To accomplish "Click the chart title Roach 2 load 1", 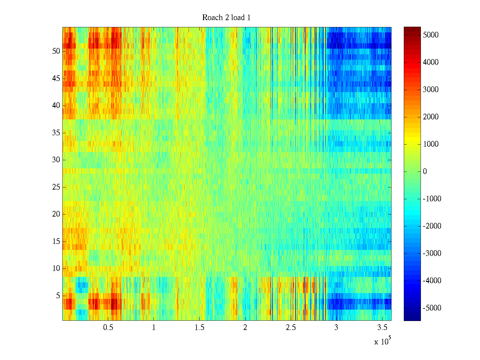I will tap(226, 18).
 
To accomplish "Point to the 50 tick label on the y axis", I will tap(56, 51).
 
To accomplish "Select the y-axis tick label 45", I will tap(56, 79).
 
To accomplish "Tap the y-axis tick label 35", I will tap(56, 133).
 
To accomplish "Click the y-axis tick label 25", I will tap(56, 187).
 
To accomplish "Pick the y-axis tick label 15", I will tap(56, 241).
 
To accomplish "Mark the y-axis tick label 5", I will tap(58, 296).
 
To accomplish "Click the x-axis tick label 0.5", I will tap(108, 328).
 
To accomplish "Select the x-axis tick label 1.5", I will tap(199, 328).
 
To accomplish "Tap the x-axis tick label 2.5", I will tap(291, 328).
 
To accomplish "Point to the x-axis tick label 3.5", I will tap(382, 328).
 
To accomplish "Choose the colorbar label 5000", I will tap(430, 35).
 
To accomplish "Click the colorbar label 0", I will tap(425, 172).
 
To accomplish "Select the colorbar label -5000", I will tap(432, 308).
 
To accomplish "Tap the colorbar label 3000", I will tap(430, 90).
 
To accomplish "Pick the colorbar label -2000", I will tap(432, 226).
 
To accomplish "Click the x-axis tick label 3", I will tap(336, 328).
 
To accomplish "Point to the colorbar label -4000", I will tap(432, 281).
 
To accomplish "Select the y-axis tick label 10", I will tap(56, 268).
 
